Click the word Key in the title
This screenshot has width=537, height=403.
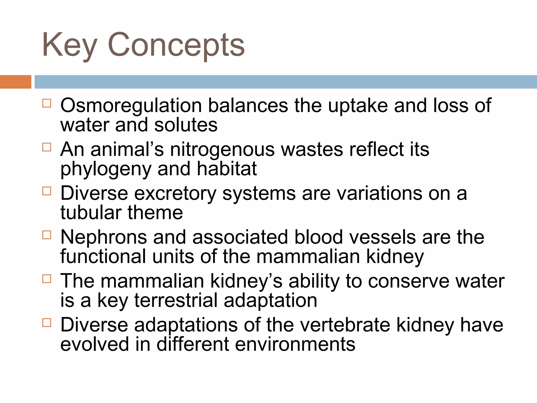coord(69,45)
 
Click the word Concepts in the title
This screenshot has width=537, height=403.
coord(176,45)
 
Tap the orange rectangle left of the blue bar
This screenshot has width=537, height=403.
coord(15,82)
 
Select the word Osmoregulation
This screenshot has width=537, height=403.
coord(131,105)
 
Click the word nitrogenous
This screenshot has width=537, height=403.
coord(222,150)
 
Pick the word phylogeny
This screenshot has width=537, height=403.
coord(106,169)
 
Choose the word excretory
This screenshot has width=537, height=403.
coord(175,194)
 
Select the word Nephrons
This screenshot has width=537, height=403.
coord(104,237)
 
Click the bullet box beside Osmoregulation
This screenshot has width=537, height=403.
coord(47,103)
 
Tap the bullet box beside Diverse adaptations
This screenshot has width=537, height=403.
coord(47,323)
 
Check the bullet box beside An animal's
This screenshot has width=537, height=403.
coord(47,147)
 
